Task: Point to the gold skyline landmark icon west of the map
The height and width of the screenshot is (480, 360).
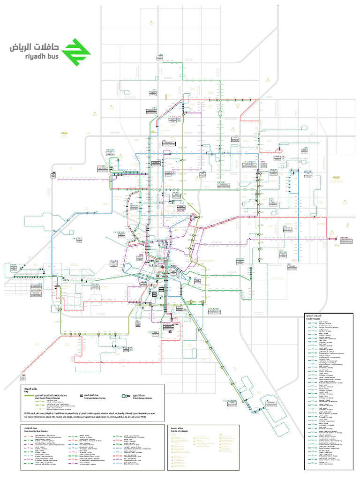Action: (x=65, y=134)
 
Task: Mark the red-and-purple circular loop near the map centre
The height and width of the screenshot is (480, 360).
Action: (x=193, y=217)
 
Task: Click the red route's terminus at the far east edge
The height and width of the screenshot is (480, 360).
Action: (x=336, y=238)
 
